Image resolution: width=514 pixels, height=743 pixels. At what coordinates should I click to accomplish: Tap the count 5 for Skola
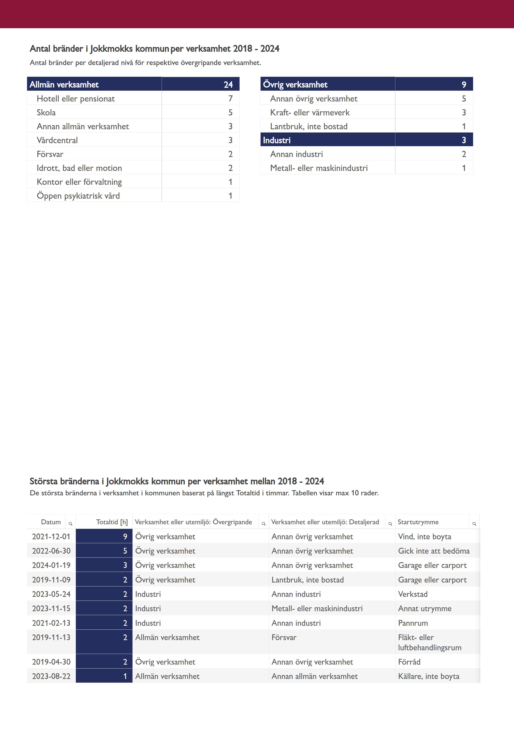click(230, 112)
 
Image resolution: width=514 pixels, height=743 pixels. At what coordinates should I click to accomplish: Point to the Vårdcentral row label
click(57, 140)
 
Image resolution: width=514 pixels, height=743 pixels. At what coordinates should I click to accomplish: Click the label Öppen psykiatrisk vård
click(78, 196)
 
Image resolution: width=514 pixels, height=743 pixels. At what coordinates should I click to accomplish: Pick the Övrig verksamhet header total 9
click(464, 84)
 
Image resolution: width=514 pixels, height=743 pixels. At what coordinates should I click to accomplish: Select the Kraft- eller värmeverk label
click(310, 112)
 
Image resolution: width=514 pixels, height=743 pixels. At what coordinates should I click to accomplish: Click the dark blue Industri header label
click(277, 140)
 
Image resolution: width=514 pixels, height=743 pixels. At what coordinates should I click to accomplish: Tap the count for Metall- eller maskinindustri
click(464, 168)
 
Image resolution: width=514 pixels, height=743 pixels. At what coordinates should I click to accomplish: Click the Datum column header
click(51, 522)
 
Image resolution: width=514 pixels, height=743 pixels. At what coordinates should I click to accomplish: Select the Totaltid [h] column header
click(112, 522)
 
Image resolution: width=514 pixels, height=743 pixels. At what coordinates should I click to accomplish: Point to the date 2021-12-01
click(51, 536)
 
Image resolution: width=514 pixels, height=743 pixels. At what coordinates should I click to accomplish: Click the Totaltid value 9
click(125, 536)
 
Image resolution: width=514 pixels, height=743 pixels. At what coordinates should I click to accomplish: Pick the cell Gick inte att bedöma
click(434, 551)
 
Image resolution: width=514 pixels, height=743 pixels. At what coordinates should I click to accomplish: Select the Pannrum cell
click(413, 623)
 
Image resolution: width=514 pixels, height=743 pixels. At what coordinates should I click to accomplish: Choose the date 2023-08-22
click(51, 676)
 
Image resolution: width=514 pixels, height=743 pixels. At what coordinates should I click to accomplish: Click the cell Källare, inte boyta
click(429, 676)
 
